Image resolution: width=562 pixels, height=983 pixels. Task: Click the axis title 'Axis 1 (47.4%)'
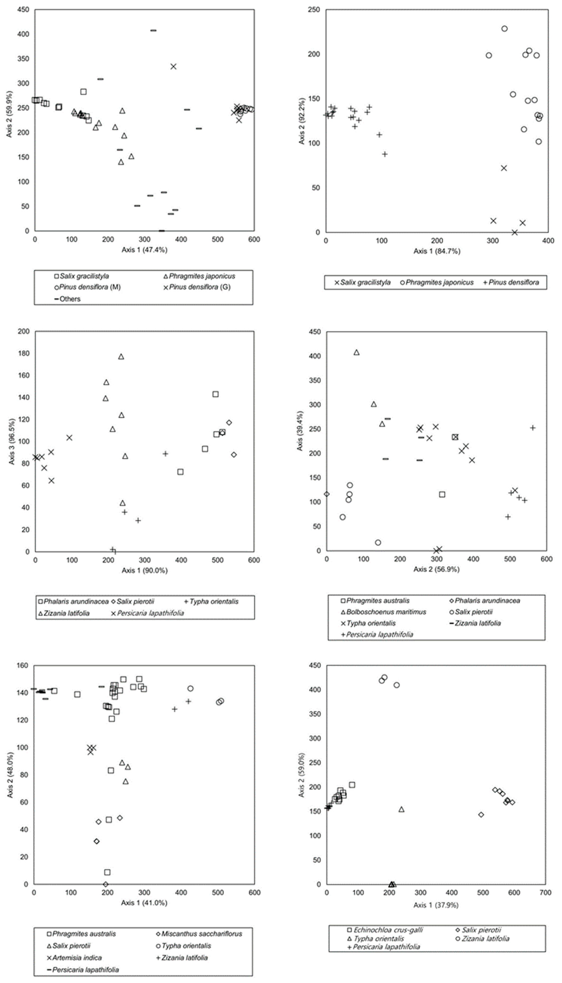[144, 250]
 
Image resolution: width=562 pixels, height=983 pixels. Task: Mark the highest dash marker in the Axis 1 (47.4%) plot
[153, 30]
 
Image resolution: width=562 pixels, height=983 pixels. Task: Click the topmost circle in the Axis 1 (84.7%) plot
[504, 29]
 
